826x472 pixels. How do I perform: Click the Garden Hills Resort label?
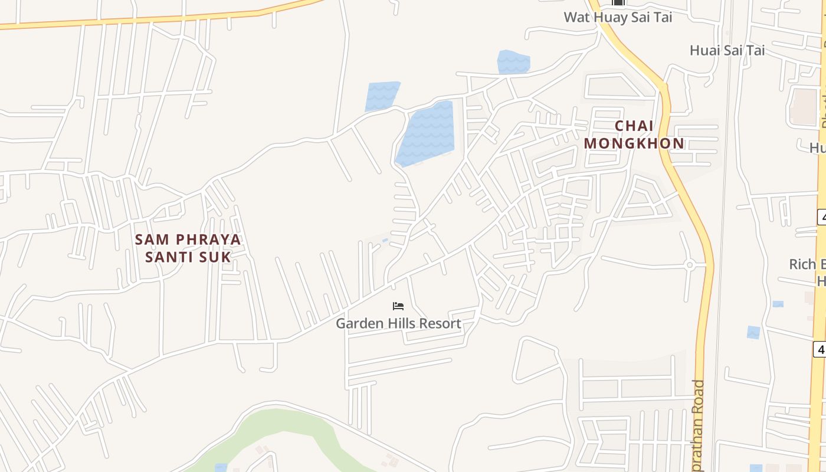point(398,323)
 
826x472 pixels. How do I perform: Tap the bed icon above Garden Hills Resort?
point(398,306)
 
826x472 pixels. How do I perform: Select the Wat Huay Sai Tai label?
point(618,17)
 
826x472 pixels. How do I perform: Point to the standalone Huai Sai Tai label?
point(727,51)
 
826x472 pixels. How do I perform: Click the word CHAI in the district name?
point(634,126)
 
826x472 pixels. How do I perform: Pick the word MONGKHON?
point(634,143)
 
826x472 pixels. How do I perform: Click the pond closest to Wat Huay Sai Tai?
point(513,63)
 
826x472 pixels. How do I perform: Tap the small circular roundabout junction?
point(689,265)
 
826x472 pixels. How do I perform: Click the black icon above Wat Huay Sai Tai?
point(618,3)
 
